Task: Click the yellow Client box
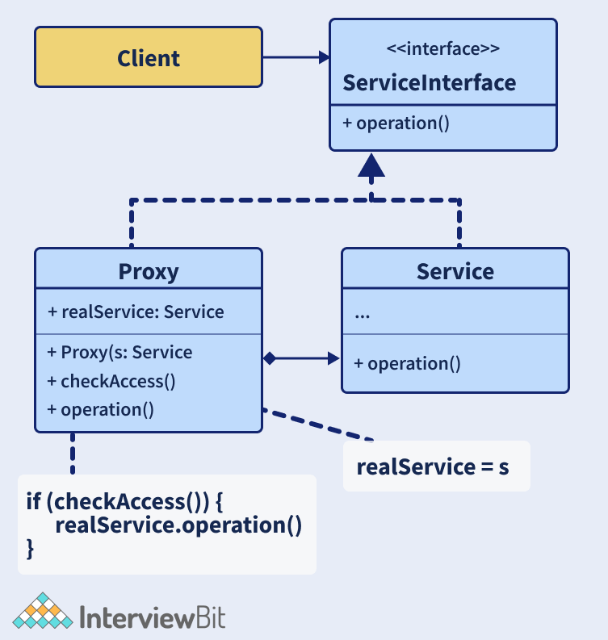[x=148, y=57]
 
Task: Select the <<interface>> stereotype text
[x=442, y=48]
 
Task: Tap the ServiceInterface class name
[x=429, y=82]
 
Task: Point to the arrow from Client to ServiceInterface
[x=295, y=57]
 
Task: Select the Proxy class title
[x=148, y=271]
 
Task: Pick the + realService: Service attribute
[x=136, y=312]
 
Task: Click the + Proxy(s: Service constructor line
[x=120, y=353]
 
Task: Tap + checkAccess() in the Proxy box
[x=111, y=381]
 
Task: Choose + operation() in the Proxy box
[x=101, y=409]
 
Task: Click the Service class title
[x=455, y=271]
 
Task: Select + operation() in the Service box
[x=407, y=363]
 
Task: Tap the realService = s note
[x=433, y=466]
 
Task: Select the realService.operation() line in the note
[x=178, y=525]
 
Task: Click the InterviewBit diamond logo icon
[x=42, y=611]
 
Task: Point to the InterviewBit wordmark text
[x=153, y=617]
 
